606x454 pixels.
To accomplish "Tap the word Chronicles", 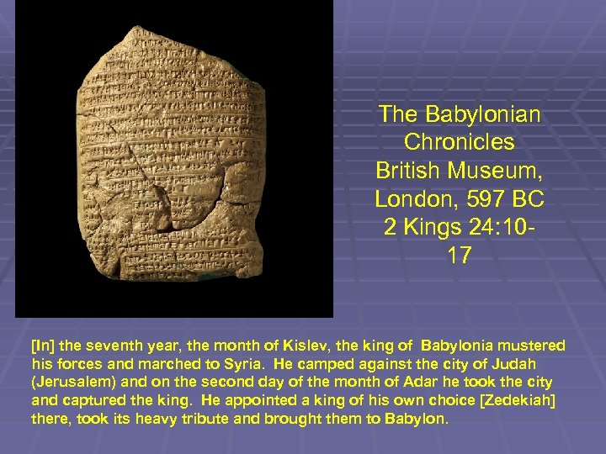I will [x=460, y=141].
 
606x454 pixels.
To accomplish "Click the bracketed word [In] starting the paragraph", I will [x=40, y=346].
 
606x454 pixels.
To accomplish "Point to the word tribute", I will [x=178, y=418].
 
